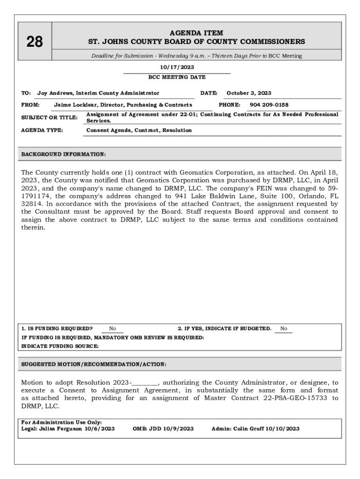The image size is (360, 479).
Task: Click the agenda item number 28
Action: (x=35, y=42)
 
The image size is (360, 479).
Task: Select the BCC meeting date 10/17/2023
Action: (x=177, y=67)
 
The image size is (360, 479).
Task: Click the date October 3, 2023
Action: (x=249, y=93)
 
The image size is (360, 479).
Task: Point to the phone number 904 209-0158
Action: (x=269, y=105)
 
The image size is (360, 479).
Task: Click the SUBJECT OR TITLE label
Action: (x=49, y=117)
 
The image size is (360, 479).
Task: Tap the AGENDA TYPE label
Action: (x=42, y=130)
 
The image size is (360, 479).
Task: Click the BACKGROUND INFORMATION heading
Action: (x=64, y=154)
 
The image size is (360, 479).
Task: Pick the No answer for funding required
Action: (x=112, y=328)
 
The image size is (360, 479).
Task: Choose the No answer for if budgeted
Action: (x=283, y=328)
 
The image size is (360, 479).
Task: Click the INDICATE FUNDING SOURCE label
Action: (x=60, y=346)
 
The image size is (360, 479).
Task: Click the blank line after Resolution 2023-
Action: (x=145, y=382)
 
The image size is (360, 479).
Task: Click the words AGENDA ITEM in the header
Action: (x=196, y=33)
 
